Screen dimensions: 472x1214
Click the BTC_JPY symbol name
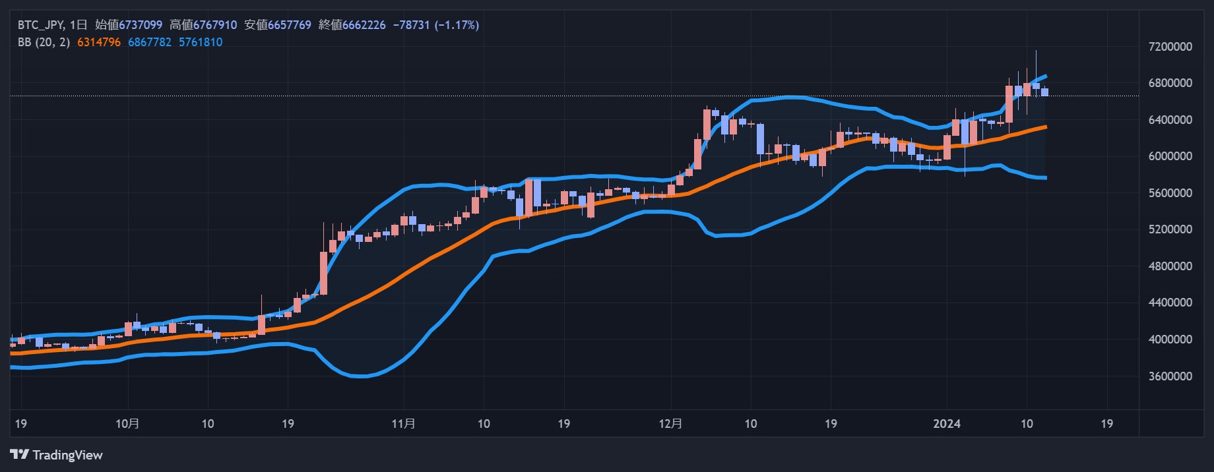tap(40, 25)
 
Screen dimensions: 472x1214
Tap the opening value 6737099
tap(140, 25)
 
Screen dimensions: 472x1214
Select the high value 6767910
tap(214, 25)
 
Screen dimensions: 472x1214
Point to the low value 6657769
tap(289, 25)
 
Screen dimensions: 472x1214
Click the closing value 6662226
tap(364, 25)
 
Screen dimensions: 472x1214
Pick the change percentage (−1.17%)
tap(457, 25)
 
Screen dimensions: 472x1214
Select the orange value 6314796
tap(99, 42)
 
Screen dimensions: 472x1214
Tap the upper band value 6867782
tap(150, 42)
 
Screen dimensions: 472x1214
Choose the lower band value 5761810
tap(201, 42)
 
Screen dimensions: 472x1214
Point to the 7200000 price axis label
tap(1170, 47)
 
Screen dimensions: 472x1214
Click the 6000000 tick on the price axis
tap(1170, 156)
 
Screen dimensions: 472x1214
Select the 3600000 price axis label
tap(1170, 376)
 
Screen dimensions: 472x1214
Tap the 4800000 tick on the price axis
tap(1170, 266)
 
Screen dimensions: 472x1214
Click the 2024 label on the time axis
tap(947, 424)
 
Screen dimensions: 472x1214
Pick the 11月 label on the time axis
tap(403, 424)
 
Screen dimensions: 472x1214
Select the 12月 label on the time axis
tap(670, 424)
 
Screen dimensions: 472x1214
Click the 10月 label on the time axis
tap(127, 424)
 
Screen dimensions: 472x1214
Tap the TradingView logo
tap(57, 455)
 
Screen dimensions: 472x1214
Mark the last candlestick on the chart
tap(1044, 92)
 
